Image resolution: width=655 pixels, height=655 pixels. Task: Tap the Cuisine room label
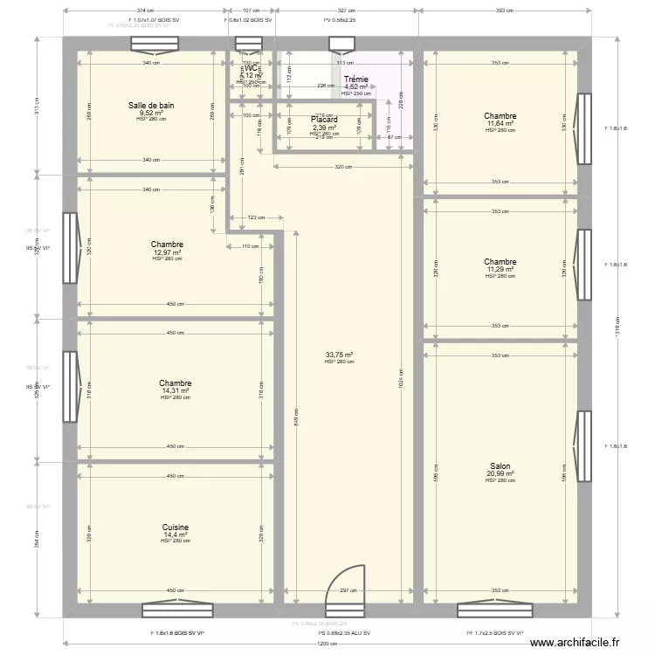point(176,527)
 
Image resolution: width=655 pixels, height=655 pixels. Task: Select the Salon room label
point(500,466)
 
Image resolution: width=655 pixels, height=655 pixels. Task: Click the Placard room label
point(325,120)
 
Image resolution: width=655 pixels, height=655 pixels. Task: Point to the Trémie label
point(356,79)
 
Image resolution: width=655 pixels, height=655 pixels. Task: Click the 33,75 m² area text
point(339,355)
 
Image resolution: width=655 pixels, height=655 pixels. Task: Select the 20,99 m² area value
point(500,474)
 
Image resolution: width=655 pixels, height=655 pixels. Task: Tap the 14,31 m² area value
point(176,390)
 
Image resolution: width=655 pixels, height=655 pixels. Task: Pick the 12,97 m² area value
point(167,252)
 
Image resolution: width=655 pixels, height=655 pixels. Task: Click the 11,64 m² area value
point(500,123)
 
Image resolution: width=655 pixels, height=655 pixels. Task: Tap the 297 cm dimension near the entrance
point(347,590)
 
